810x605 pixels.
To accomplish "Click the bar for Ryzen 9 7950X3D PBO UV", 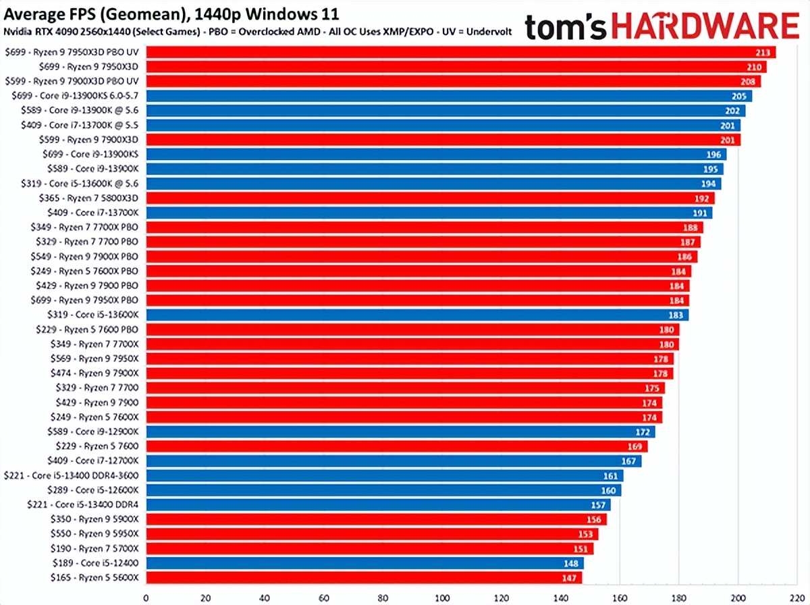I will [x=459, y=52].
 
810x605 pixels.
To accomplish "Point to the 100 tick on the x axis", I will [x=442, y=598].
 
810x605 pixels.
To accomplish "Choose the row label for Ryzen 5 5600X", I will [x=94, y=577].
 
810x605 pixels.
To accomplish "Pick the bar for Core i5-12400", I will [x=364, y=562].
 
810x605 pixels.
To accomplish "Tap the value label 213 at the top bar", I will [x=764, y=53].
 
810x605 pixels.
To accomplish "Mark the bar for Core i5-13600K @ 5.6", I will [x=432, y=184].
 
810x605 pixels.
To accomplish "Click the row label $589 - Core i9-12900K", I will [x=94, y=431].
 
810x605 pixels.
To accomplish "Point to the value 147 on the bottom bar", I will [x=570, y=577].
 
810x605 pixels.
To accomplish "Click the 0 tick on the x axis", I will [x=146, y=598].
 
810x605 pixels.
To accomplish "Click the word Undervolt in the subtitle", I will [x=489, y=32].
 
